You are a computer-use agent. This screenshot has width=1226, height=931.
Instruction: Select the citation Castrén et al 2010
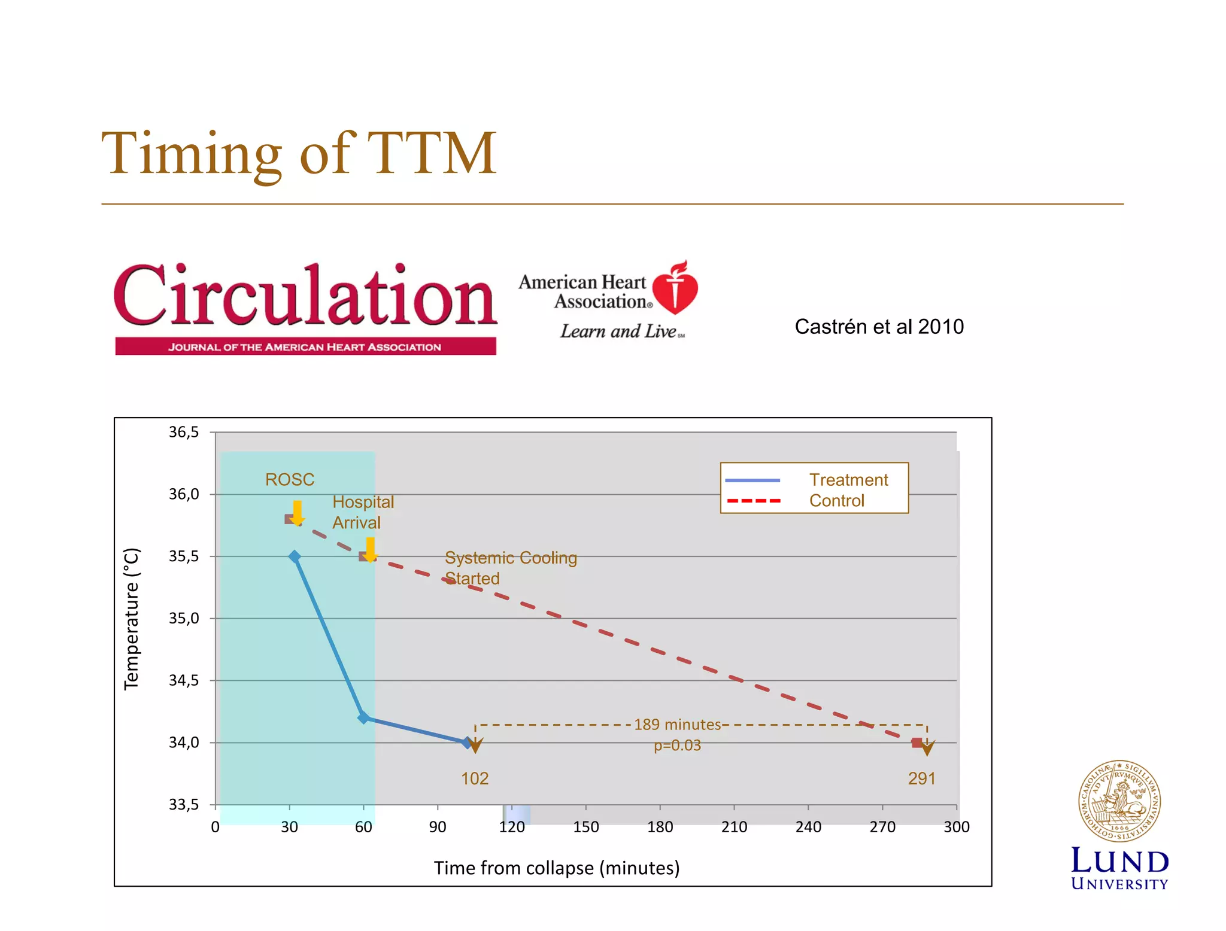[879, 327]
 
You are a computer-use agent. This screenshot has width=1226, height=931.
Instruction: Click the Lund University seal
[1119, 801]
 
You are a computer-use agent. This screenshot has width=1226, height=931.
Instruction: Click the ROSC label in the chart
[290, 479]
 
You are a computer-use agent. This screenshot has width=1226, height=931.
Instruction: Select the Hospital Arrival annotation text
[363, 512]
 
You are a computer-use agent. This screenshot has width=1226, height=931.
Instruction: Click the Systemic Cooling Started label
[510, 568]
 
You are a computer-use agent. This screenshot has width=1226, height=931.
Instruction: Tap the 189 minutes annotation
[677, 725]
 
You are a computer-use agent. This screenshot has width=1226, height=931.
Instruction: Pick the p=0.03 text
[677, 746]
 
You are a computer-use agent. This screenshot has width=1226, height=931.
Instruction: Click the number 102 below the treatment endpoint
[475, 778]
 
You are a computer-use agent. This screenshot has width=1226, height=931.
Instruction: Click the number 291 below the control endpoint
[921, 778]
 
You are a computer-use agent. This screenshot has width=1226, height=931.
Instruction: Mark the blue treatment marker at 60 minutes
[363, 717]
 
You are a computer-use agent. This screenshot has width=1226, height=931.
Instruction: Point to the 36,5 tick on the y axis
[184, 432]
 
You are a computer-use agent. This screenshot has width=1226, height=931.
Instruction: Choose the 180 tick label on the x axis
[660, 827]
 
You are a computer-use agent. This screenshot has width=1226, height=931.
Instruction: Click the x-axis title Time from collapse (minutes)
[556, 868]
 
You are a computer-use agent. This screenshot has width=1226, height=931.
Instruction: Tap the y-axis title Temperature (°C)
[131, 619]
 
